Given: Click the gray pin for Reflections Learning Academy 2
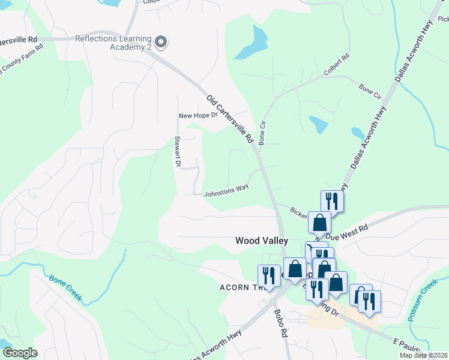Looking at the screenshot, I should click(x=161, y=41).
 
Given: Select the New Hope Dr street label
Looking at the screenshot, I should click(x=197, y=116).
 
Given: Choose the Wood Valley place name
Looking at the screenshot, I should click(x=261, y=241).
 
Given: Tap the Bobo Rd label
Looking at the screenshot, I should click(x=280, y=324).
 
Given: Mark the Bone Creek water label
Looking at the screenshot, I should click(x=65, y=289).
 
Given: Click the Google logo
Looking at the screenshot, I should click(x=20, y=353).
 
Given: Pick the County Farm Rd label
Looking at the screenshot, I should click(x=22, y=58).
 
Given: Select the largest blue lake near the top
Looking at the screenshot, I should click(x=253, y=44).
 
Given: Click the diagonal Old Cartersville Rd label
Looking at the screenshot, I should click(x=230, y=119).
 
